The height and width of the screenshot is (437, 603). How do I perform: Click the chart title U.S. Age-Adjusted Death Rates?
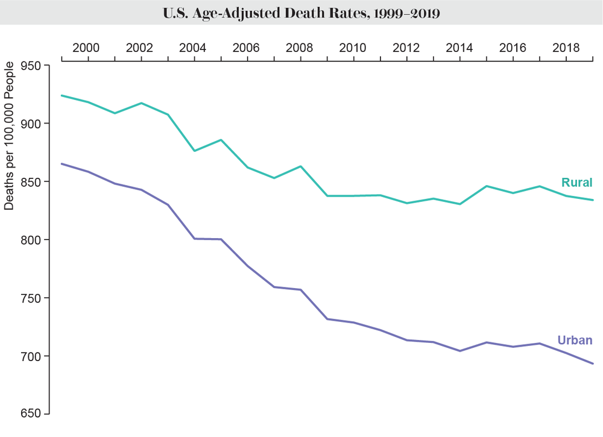point(301,13)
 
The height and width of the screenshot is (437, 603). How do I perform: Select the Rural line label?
point(577,183)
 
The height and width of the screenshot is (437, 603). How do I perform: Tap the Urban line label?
point(575,340)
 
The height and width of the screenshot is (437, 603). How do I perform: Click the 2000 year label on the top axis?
point(86,47)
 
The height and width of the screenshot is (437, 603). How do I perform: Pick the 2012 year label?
point(406,47)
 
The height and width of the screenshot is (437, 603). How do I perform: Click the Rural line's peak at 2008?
point(300,166)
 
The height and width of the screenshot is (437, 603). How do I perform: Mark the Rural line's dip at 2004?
point(194,151)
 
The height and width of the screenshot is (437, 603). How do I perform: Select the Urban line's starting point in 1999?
point(62,163)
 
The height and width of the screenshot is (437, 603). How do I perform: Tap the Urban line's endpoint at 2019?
point(593,363)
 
